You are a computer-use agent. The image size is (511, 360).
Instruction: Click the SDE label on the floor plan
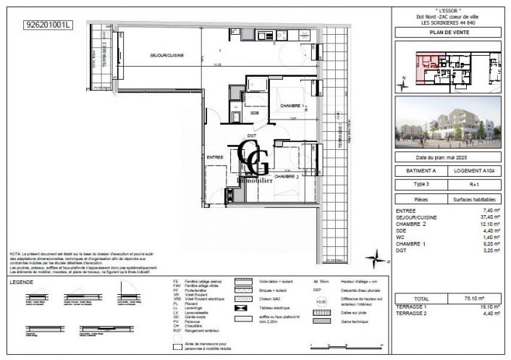pos(255,114)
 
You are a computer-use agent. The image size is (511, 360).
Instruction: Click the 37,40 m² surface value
pos(472,216)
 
